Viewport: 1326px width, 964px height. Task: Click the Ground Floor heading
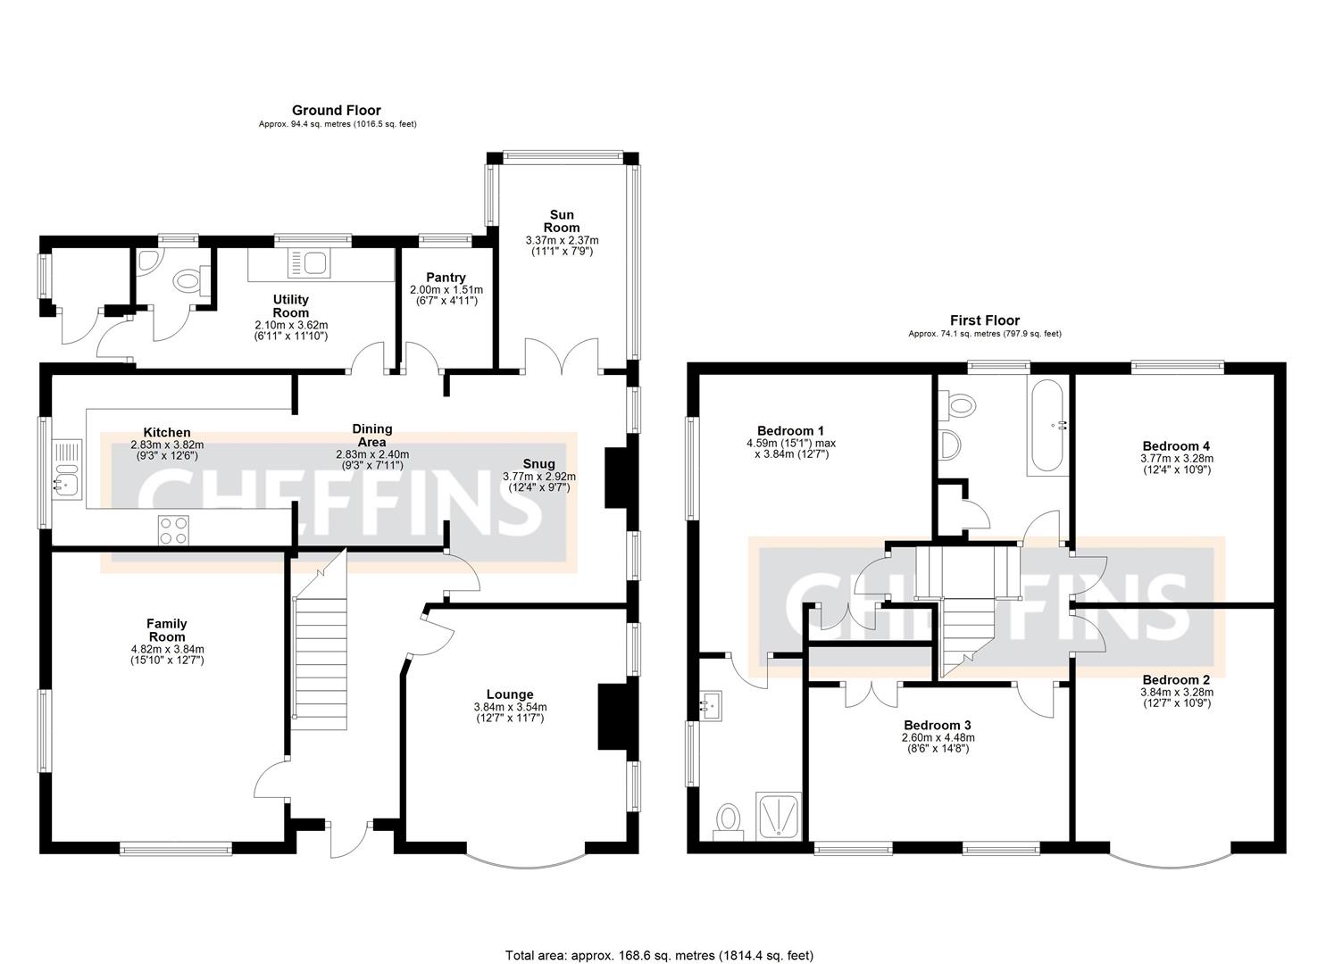(x=337, y=111)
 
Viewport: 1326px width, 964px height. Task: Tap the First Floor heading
(x=984, y=320)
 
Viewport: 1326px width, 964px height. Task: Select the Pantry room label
(x=446, y=278)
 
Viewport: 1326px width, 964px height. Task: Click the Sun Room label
(x=562, y=220)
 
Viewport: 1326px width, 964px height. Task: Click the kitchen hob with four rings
(x=174, y=530)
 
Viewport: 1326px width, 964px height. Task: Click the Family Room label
(x=167, y=630)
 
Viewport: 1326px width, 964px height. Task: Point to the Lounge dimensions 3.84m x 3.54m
(x=510, y=707)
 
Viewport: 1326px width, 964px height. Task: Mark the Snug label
(x=539, y=464)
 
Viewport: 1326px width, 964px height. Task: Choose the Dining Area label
(x=371, y=436)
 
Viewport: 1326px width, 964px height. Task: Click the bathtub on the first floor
(x=1046, y=426)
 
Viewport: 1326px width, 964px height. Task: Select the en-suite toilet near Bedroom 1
(x=729, y=819)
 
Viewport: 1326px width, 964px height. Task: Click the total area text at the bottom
(x=659, y=955)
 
